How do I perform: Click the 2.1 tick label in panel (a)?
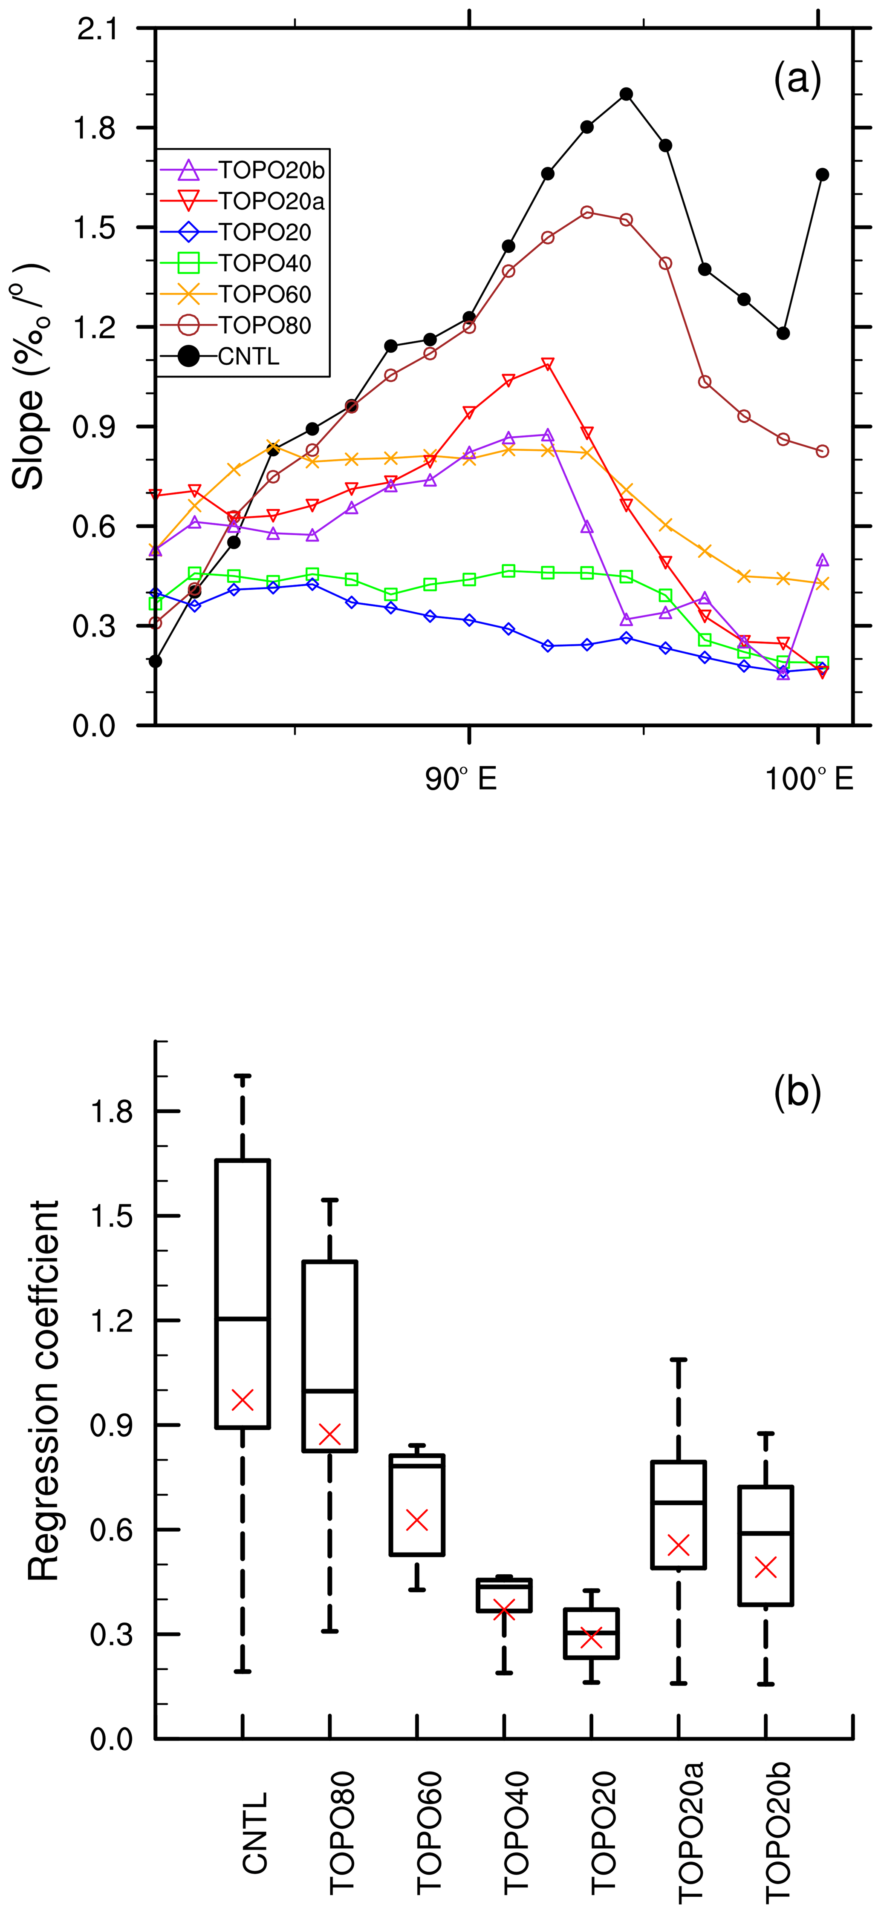point(97,30)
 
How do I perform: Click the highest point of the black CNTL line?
point(626,94)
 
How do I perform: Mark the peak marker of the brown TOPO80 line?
point(587,213)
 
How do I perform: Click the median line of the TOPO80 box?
point(330,1390)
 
